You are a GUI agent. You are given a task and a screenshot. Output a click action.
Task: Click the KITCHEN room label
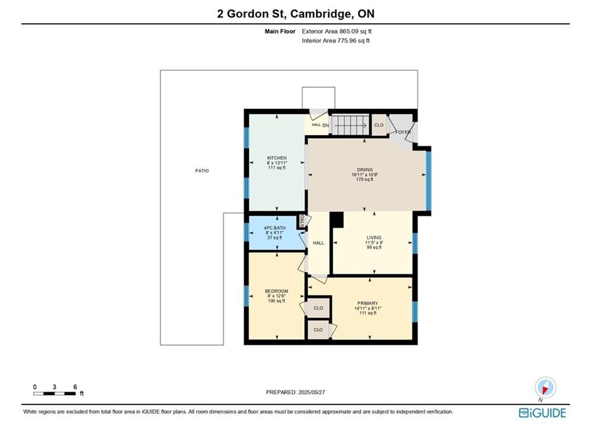pyautogui.click(x=277, y=158)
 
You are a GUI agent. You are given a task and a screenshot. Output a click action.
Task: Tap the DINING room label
pyautogui.click(x=365, y=170)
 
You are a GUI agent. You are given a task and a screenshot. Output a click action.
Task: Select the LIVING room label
pyautogui.click(x=374, y=238)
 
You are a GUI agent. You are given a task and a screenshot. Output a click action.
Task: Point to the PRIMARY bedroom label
pyautogui.click(x=368, y=303)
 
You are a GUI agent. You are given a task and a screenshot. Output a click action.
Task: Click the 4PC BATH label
pyautogui.click(x=274, y=228)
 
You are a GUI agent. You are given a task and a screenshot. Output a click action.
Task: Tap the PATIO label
pyautogui.click(x=201, y=171)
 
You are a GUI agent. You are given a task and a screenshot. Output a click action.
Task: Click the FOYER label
pyautogui.click(x=403, y=132)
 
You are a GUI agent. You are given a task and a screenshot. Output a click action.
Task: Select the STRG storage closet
pyautogui.click(x=302, y=221)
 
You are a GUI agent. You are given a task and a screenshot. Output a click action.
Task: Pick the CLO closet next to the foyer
pyautogui.click(x=379, y=125)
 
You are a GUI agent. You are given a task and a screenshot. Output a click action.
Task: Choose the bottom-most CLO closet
pyautogui.click(x=318, y=330)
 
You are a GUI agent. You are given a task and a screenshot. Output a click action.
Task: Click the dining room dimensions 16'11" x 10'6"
pyautogui.click(x=365, y=174)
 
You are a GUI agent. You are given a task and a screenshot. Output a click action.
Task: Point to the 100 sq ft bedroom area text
pyautogui.click(x=276, y=301)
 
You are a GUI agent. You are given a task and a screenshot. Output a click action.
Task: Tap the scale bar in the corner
pyautogui.click(x=54, y=394)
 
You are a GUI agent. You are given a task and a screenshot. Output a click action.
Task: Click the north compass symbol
pyautogui.click(x=545, y=387)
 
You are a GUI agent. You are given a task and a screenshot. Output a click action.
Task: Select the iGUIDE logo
pyautogui.click(x=542, y=413)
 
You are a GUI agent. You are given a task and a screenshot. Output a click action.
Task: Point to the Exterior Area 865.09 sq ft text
pyautogui.click(x=337, y=31)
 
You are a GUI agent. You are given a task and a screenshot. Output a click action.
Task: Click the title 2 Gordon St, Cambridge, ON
pyautogui.click(x=296, y=14)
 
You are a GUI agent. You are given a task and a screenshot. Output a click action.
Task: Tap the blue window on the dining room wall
pyautogui.click(x=428, y=180)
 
